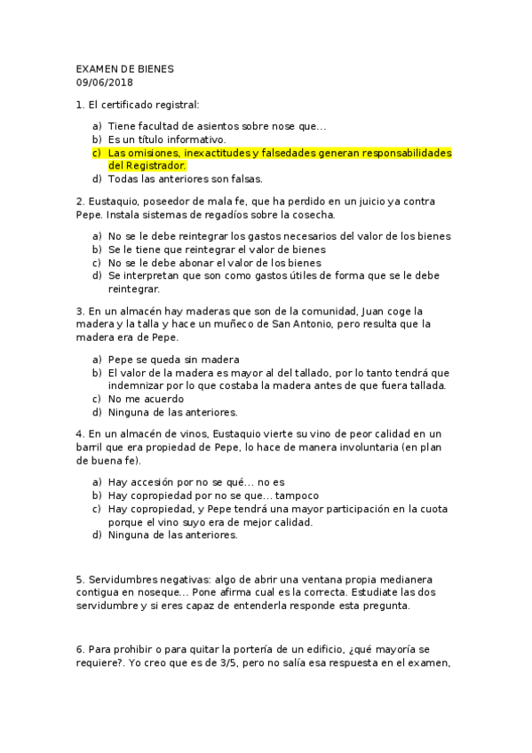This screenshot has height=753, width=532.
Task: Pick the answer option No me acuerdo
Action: tap(147, 399)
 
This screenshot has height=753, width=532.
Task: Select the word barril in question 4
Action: tap(91, 448)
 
